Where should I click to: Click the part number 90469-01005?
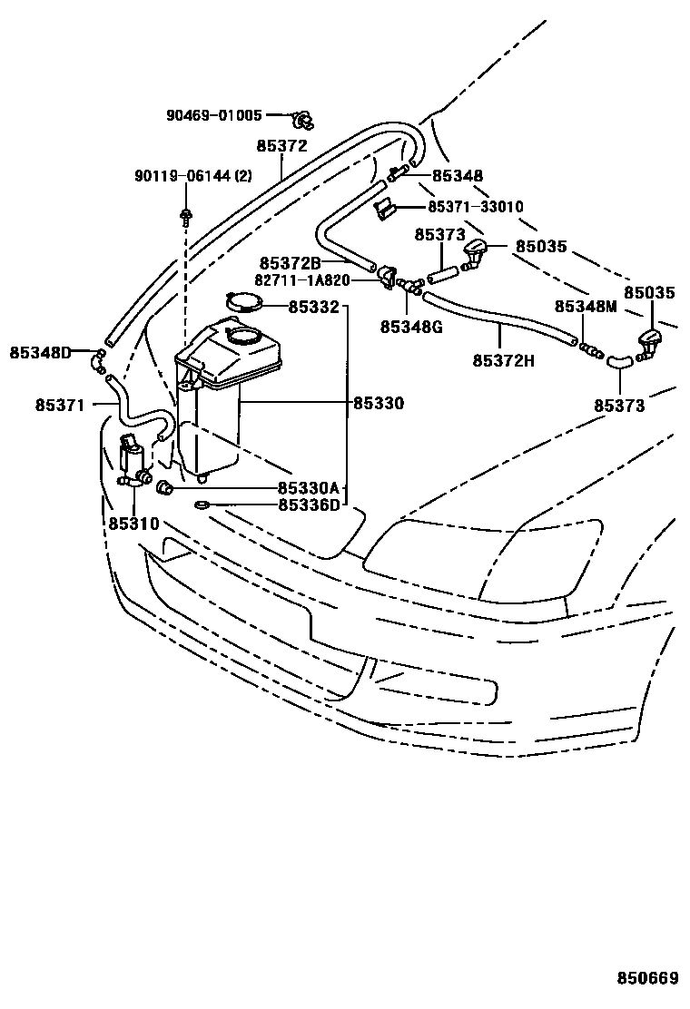(x=213, y=116)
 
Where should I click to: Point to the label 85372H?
(x=503, y=360)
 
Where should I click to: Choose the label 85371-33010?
(x=475, y=207)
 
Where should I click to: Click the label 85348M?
(x=586, y=307)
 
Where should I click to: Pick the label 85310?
(x=133, y=524)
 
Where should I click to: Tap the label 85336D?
(x=309, y=505)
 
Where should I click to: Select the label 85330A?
(x=309, y=488)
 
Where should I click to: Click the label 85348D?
(x=40, y=352)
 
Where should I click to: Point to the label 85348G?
(x=410, y=326)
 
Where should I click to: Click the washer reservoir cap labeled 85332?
(x=243, y=304)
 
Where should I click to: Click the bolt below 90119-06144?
(x=185, y=217)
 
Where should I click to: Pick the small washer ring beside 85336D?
(x=202, y=504)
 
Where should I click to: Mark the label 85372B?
(x=289, y=262)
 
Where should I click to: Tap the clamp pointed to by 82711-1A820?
(x=389, y=278)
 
